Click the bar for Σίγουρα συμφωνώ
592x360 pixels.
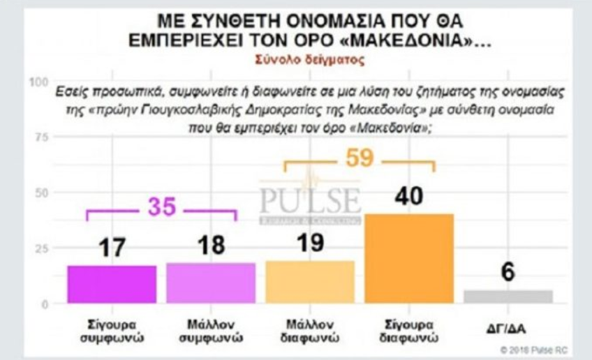point(112,285)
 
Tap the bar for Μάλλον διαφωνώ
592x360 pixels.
point(310,283)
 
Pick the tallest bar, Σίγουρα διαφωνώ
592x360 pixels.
point(409,258)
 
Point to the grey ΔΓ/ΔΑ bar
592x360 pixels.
point(508,297)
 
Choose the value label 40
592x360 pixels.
point(409,197)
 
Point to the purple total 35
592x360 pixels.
point(161,207)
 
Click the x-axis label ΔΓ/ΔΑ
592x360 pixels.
point(508,326)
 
